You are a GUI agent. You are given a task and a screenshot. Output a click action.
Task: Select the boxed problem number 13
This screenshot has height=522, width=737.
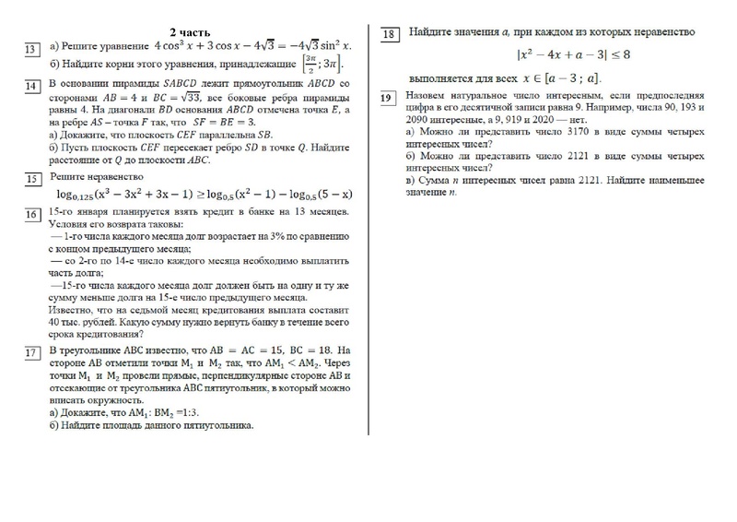coord(31,49)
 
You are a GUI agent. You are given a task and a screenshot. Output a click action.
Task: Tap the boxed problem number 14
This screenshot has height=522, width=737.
coord(31,88)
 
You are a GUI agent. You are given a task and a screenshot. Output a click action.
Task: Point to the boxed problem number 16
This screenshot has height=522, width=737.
coord(31,216)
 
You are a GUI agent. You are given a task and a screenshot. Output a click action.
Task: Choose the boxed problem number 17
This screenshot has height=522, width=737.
coord(31,354)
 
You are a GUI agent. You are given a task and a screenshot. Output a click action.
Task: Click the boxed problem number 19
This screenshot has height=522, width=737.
coord(388,98)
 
